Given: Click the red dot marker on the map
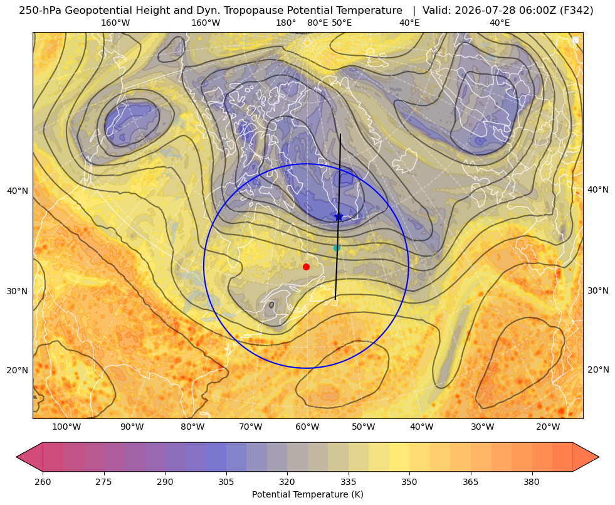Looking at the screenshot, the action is [307, 267].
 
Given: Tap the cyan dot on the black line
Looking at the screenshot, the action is [337, 248].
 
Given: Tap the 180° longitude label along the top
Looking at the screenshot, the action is [286, 23].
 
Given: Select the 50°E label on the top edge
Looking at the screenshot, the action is [342, 23].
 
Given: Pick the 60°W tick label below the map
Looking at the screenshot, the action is [307, 427].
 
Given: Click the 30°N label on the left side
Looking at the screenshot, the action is [18, 291].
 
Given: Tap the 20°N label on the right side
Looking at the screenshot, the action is [598, 369].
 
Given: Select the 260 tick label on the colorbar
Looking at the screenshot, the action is [43, 482].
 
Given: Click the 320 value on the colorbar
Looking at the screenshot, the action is [287, 482].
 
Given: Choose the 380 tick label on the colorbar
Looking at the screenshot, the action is [532, 482].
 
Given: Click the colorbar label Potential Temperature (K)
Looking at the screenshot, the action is [308, 494].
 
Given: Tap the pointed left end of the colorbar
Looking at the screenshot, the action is [17, 457].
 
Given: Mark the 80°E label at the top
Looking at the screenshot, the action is [318, 23].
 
